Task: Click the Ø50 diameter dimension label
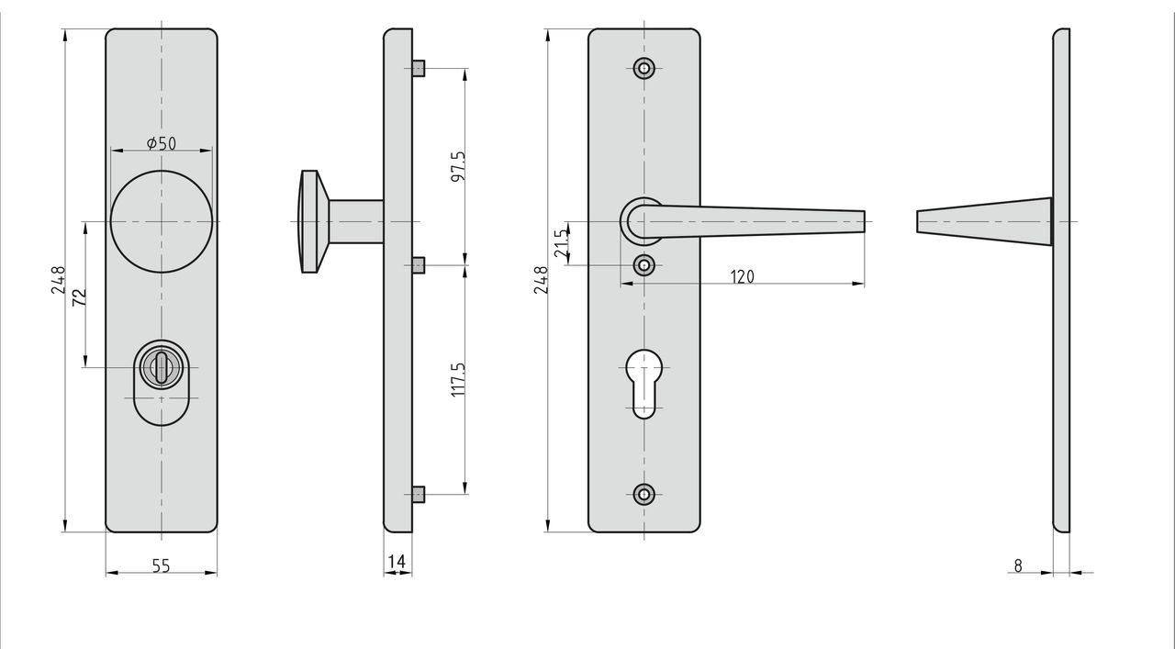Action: click(x=162, y=143)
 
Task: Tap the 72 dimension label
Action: click(x=79, y=297)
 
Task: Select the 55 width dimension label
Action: click(x=162, y=566)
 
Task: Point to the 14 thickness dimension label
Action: click(x=397, y=562)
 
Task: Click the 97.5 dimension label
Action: click(x=458, y=166)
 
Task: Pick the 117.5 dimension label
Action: click(x=458, y=379)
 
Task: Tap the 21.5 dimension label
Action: click(x=561, y=243)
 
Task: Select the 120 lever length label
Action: click(x=743, y=276)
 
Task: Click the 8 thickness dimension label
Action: click(x=1018, y=566)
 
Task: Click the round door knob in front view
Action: click(x=162, y=221)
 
